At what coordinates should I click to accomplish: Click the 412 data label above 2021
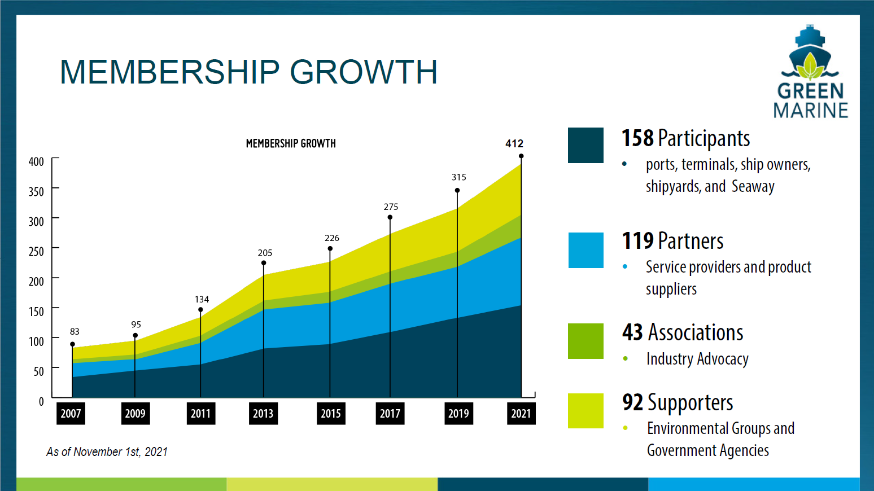click(x=514, y=143)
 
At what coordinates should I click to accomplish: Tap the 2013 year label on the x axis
click(x=263, y=414)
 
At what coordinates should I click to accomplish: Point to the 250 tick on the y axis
click(x=36, y=251)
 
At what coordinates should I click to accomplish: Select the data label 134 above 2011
click(x=202, y=299)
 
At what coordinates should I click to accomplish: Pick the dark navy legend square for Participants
click(x=585, y=145)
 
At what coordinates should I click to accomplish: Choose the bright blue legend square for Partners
click(x=585, y=250)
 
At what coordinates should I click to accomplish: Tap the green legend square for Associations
click(x=585, y=341)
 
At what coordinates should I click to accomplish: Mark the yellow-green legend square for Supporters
click(x=585, y=411)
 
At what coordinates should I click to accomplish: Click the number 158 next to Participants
click(x=637, y=138)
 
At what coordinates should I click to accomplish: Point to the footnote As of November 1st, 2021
click(x=107, y=451)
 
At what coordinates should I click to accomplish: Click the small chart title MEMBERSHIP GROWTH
click(x=291, y=143)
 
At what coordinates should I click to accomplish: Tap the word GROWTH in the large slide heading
click(x=364, y=72)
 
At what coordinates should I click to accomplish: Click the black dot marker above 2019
click(x=457, y=190)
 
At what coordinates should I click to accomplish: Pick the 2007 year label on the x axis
click(x=71, y=414)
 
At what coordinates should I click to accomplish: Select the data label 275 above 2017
click(x=391, y=207)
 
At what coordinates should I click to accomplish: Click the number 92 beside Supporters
click(x=632, y=402)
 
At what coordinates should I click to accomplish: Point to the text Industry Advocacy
click(x=697, y=359)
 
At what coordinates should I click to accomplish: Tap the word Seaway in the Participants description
click(x=753, y=186)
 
